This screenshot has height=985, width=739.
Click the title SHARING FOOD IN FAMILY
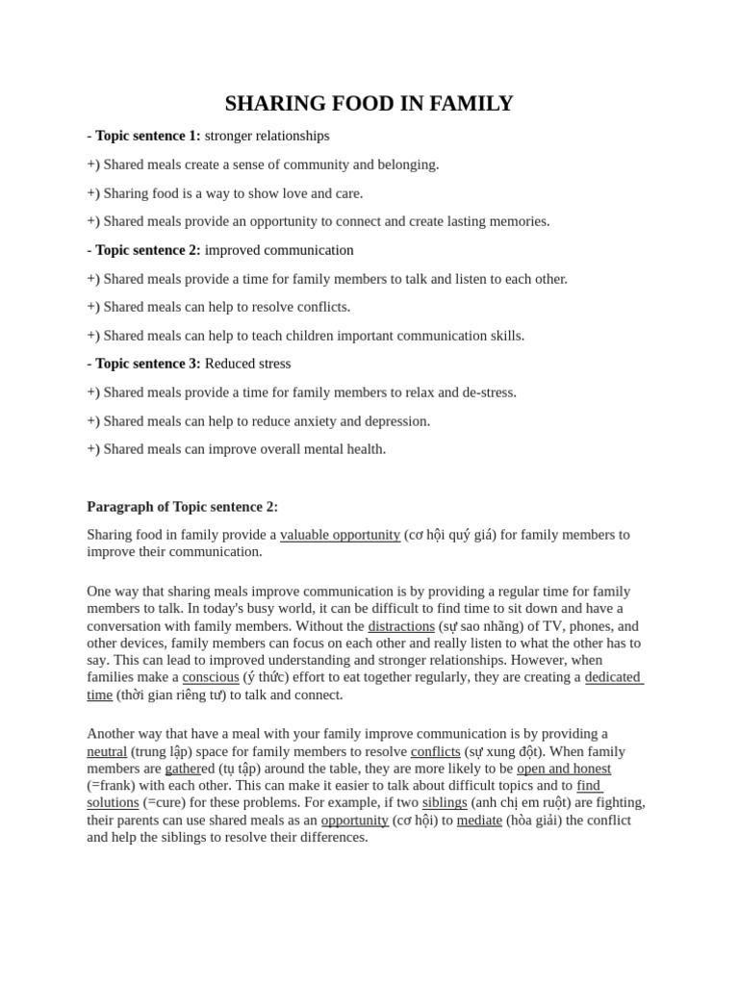pyautogui.click(x=369, y=104)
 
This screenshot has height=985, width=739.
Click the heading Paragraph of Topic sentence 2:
pyautogui.click(x=182, y=506)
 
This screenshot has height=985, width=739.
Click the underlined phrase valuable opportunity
pyautogui.click(x=340, y=535)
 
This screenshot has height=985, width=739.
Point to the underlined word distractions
pyautogui.click(x=401, y=626)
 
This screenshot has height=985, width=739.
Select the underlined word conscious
pyautogui.click(x=211, y=677)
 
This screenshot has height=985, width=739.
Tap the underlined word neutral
pyautogui.click(x=107, y=751)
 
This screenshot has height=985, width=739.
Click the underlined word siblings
pyautogui.click(x=445, y=802)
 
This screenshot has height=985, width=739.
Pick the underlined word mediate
pyautogui.click(x=479, y=820)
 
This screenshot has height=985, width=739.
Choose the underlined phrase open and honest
pyautogui.click(x=564, y=769)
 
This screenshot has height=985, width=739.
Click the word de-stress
pyautogui.click(x=485, y=392)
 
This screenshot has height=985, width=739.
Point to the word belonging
pyautogui.click(x=404, y=164)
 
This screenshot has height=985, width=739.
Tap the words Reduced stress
pyautogui.click(x=247, y=364)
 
